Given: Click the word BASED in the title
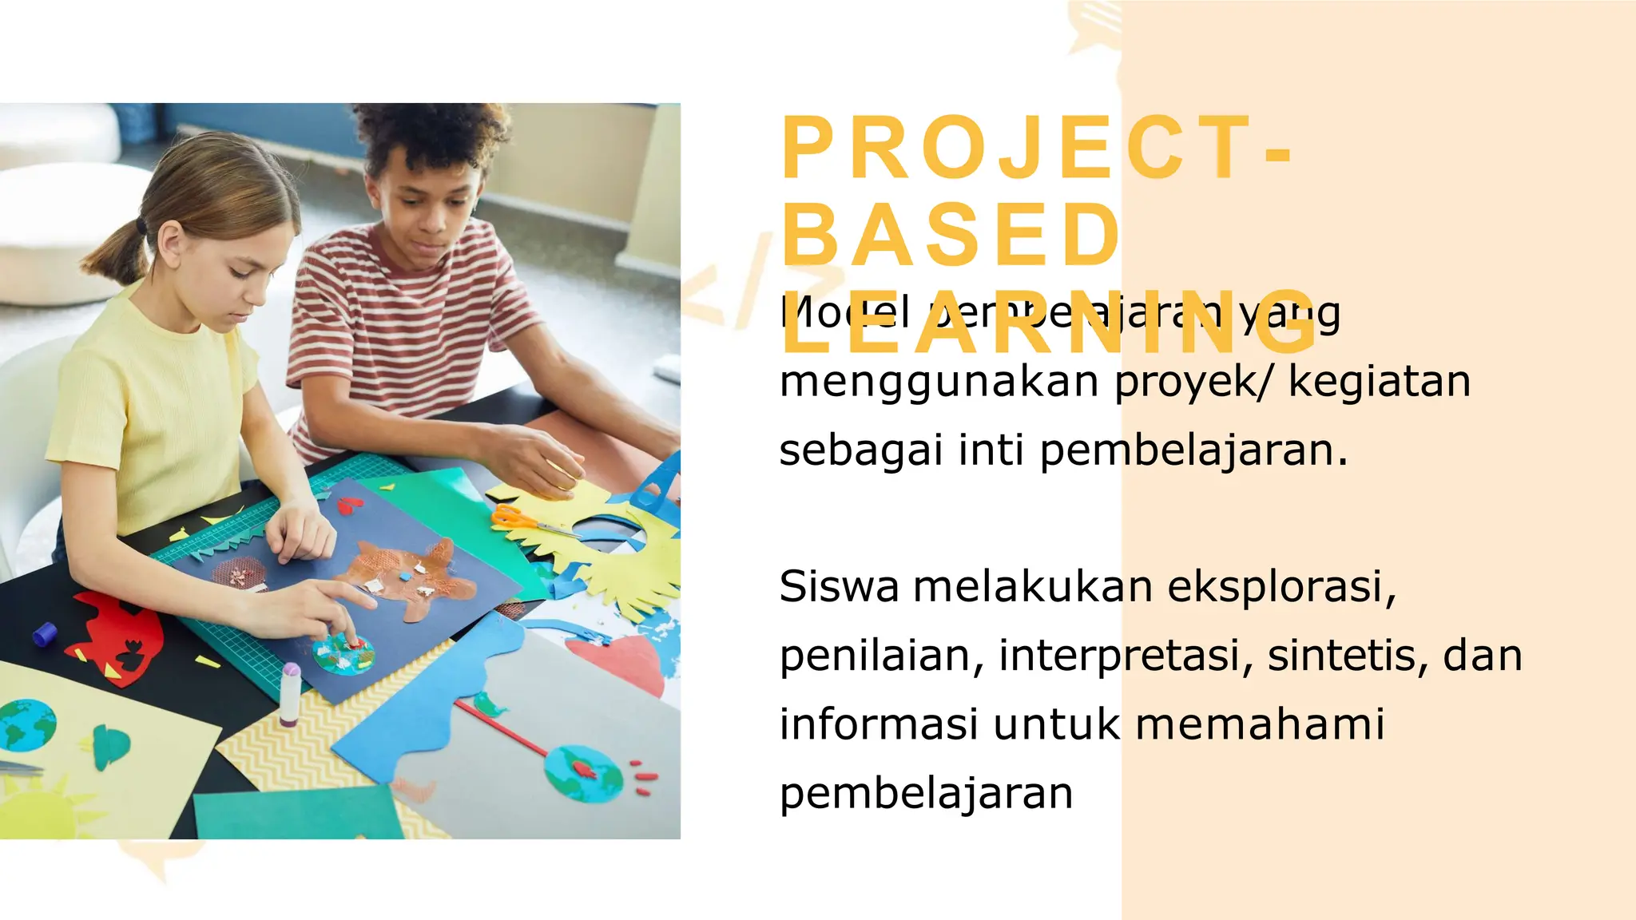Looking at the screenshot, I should click(x=951, y=236).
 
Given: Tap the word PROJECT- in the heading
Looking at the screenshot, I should click(x=1035, y=149).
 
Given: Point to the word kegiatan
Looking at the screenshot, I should click(x=1379, y=381).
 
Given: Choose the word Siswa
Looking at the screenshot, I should click(x=839, y=587).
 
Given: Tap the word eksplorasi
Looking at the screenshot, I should click(x=1281, y=587).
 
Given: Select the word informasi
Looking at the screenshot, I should click(x=879, y=724).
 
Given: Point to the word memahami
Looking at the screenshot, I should click(x=1260, y=724).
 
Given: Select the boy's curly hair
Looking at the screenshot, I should click(x=431, y=136).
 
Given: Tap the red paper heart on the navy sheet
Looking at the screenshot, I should click(x=350, y=505).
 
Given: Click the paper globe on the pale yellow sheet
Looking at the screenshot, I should click(x=27, y=725).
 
